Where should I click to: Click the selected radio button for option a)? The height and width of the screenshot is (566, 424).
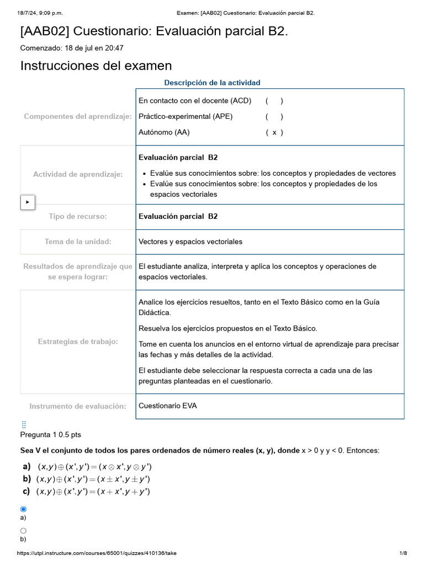pyautogui.click(x=23, y=509)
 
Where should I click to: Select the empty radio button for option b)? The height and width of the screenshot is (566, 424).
pyautogui.click(x=23, y=530)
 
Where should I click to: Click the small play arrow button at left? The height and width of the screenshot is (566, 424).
pyautogui.click(x=28, y=202)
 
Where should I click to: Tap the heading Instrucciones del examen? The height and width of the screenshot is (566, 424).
pyautogui.click(x=96, y=66)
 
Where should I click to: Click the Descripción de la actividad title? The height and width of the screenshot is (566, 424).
pyautogui.click(x=212, y=83)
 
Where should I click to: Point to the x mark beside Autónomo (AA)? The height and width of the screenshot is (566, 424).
pyautogui.click(x=274, y=132)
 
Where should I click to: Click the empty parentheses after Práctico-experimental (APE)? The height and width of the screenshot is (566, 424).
pyautogui.click(x=274, y=117)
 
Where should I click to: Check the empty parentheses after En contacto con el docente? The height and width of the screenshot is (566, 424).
pyautogui.click(x=274, y=101)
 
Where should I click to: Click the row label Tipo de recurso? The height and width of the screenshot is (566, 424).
pyautogui.click(x=78, y=216)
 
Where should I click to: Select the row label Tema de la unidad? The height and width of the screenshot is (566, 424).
pyautogui.click(x=78, y=242)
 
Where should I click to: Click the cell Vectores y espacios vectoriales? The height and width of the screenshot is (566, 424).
pyautogui.click(x=190, y=242)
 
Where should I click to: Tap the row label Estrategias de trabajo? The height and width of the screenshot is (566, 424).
pyautogui.click(x=78, y=342)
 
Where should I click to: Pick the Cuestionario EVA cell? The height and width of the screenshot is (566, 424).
pyautogui.click(x=168, y=406)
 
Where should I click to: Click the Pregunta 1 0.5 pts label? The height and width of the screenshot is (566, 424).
pyautogui.click(x=51, y=434)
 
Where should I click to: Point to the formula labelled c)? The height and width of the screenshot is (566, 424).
pyautogui.click(x=93, y=491)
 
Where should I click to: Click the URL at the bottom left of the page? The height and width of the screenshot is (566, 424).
pyautogui.click(x=97, y=553)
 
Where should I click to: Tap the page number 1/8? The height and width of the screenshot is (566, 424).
pyautogui.click(x=403, y=553)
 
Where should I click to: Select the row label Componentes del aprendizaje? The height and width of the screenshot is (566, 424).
pyautogui.click(x=78, y=117)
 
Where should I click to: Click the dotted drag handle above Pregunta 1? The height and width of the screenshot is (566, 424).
pyautogui.click(x=24, y=424)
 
